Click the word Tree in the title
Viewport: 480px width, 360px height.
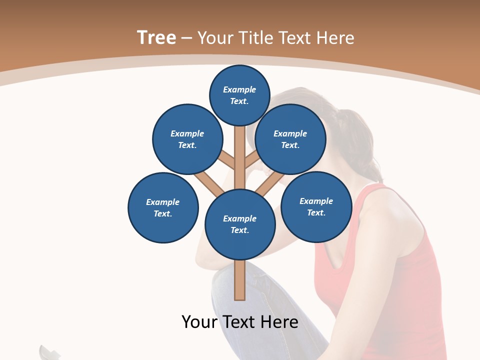(x=156, y=38)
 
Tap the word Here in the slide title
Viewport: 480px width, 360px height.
(x=333, y=38)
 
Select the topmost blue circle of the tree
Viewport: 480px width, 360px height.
(x=240, y=95)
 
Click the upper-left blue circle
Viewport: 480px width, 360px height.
(x=187, y=139)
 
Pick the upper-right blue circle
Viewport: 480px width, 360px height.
(x=290, y=139)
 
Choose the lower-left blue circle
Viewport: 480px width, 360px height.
(x=163, y=207)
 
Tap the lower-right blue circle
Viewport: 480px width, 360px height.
(x=316, y=206)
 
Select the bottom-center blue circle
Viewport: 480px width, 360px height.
(x=240, y=224)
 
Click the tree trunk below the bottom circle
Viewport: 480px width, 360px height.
(x=240, y=280)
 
